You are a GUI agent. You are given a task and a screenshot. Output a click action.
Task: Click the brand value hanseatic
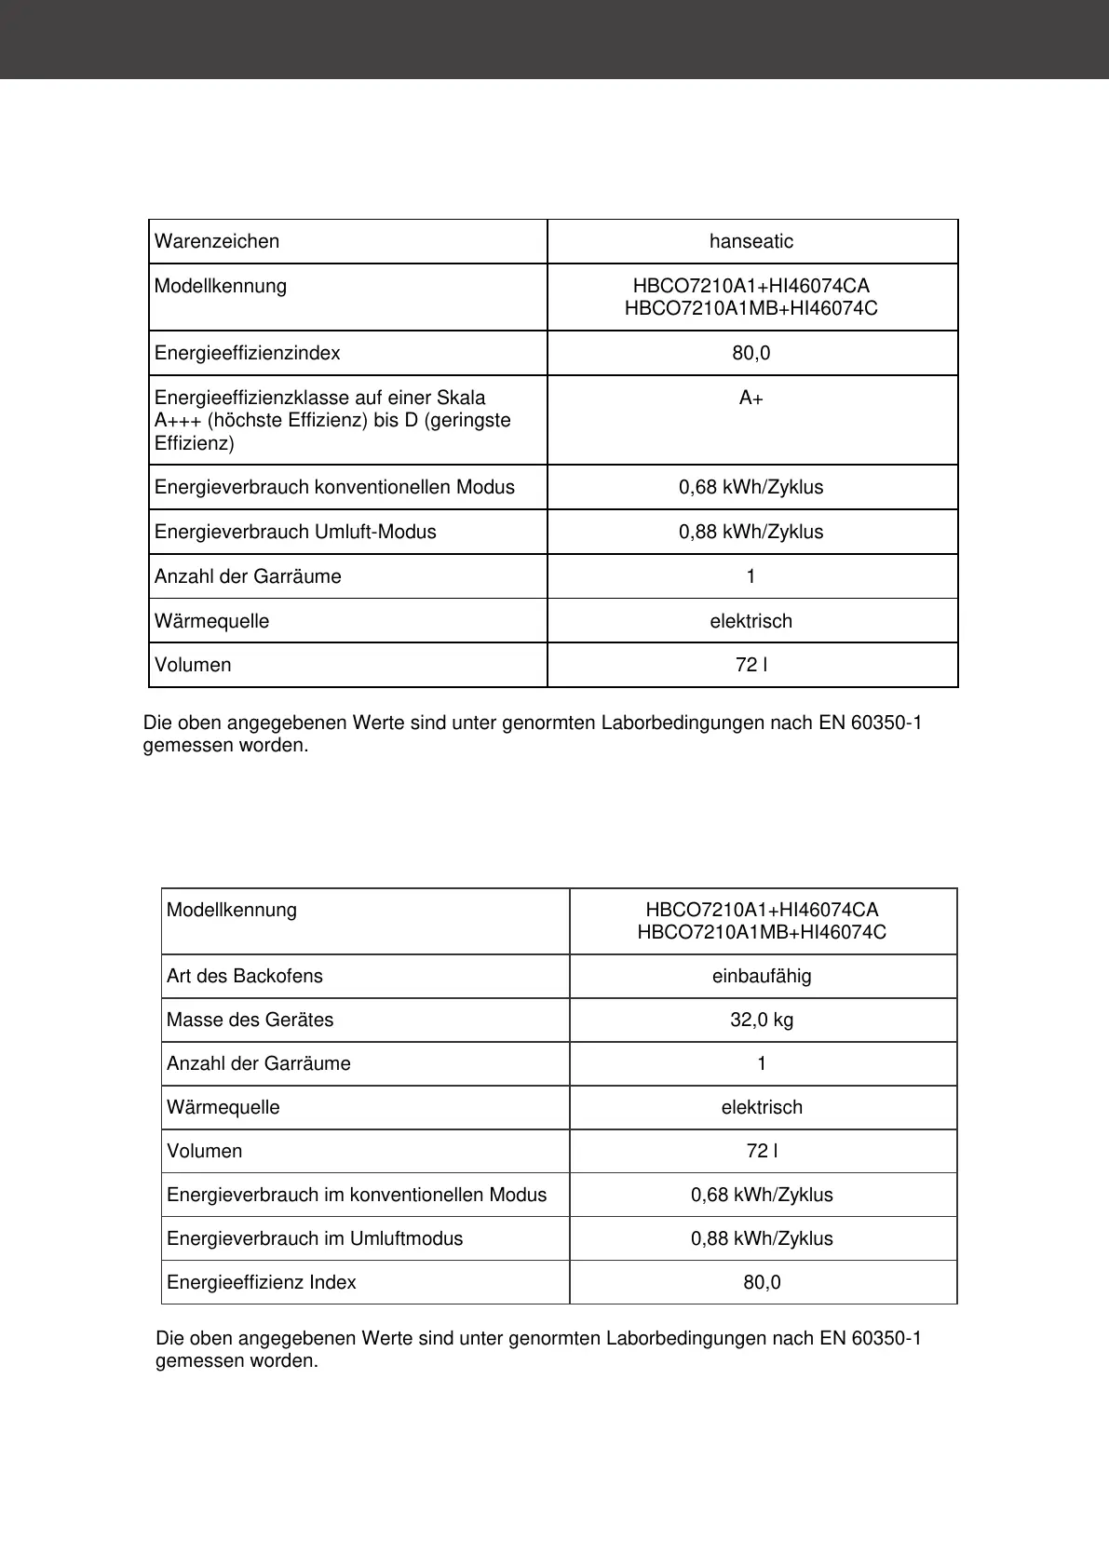click(751, 242)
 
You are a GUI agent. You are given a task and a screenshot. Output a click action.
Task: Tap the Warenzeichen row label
click(217, 242)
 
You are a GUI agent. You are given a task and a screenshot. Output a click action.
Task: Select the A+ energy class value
click(751, 399)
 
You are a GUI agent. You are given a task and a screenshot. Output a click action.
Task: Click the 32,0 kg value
click(762, 1021)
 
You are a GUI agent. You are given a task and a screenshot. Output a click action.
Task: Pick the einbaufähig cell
click(762, 977)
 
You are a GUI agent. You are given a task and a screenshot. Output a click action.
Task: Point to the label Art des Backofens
click(245, 977)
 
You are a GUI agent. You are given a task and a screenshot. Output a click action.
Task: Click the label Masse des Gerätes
click(250, 1021)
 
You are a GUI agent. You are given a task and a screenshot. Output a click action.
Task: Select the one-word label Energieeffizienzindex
click(248, 354)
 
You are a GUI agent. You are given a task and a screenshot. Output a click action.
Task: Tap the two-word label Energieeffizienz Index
click(262, 1283)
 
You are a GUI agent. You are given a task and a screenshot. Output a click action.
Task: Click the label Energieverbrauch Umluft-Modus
click(295, 533)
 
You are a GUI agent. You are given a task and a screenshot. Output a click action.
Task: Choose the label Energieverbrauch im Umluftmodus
click(315, 1239)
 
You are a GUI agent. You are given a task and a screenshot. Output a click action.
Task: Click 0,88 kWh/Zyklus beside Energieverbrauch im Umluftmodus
click(762, 1239)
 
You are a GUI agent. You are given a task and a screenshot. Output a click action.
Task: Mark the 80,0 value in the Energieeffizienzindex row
click(751, 354)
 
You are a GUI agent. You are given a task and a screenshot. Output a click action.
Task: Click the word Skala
click(460, 399)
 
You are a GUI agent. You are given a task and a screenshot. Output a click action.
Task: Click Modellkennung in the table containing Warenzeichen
click(221, 287)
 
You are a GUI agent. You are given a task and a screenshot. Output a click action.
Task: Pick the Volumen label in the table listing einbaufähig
click(205, 1152)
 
